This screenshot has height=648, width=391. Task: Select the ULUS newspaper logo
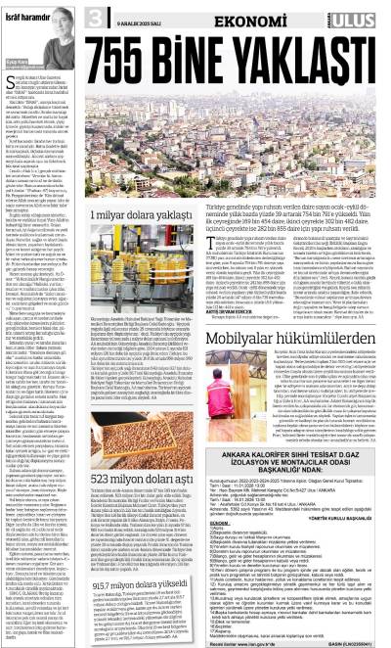point(364,14)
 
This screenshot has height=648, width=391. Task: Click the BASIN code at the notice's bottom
point(362,640)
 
